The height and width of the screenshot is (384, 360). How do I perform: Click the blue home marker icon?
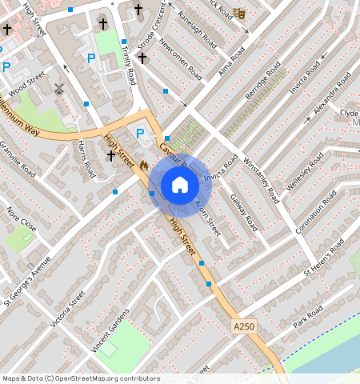180,185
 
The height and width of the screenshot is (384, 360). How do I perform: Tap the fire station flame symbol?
143,164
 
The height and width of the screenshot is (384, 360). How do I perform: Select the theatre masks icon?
238,13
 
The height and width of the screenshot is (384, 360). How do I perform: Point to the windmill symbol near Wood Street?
58,90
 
